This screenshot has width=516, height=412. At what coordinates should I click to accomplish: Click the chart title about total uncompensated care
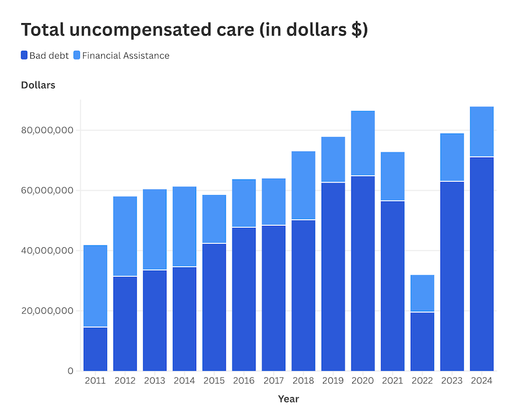pos(194,30)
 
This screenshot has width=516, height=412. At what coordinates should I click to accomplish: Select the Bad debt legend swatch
pos(25,56)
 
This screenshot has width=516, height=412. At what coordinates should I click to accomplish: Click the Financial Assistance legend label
pos(126,56)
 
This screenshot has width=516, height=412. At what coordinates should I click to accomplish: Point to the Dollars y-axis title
pos(38,85)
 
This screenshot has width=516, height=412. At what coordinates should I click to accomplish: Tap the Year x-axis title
pos(288,399)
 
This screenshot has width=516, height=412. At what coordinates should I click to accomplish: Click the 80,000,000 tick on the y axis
pos(47,130)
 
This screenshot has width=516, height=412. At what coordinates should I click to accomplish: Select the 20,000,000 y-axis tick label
pos(47,311)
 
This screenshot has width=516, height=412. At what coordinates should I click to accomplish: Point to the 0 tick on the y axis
pos(70,371)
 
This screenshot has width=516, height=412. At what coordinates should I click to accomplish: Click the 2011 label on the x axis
pos(95,381)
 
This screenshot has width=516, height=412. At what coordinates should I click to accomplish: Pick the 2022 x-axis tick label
pos(422,381)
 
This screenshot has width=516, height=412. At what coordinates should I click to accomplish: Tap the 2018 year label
pos(303,381)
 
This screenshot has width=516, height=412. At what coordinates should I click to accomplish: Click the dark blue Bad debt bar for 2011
pos(95,349)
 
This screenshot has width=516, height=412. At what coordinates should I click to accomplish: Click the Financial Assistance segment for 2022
pos(422,293)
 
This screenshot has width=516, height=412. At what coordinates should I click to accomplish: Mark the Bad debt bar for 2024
pos(481,264)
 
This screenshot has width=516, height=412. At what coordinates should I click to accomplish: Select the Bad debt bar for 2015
pos(214,307)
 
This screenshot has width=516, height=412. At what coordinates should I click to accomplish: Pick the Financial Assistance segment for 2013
pos(155,229)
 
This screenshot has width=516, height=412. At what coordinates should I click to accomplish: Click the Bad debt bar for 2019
pos(333,277)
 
